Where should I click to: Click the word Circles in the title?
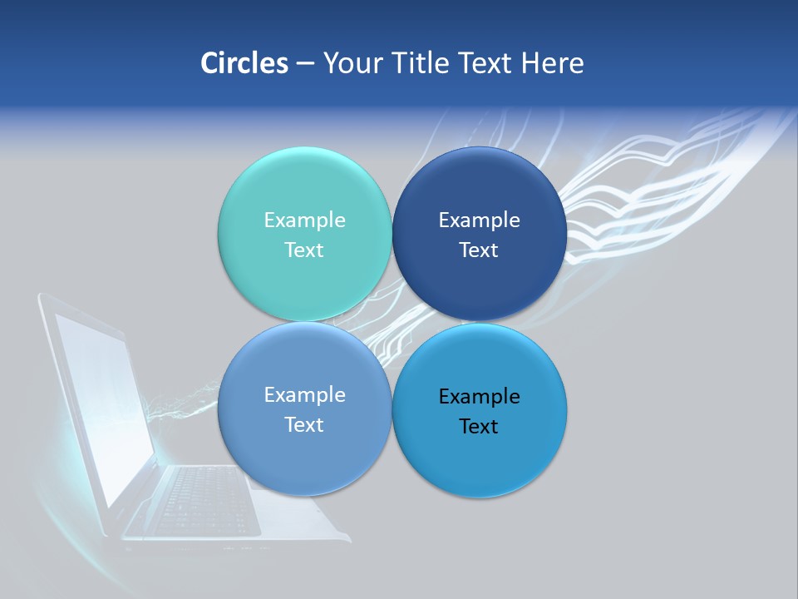tap(244, 63)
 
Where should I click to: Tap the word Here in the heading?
tap(552, 63)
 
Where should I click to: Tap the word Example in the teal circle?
tap(304, 220)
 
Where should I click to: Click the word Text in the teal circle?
tap(304, 250)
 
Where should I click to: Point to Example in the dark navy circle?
tap(479, 220)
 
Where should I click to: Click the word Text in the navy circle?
tap(479, 250)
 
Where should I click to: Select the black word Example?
tap(479, 396)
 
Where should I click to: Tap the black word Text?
tap(479, 426)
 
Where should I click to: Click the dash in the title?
tap(305, 64)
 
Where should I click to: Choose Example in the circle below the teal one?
tap(304, 394)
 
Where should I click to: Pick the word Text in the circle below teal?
tap(304, 424)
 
